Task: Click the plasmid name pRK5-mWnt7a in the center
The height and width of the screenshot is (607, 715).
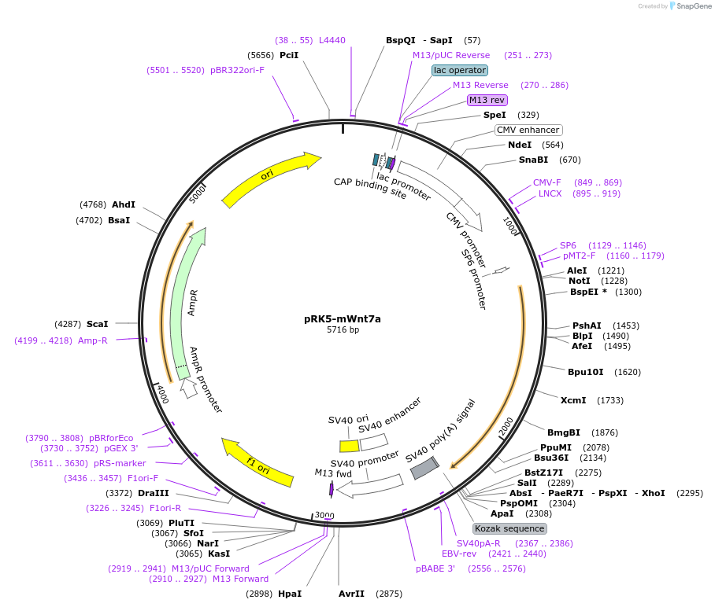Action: (x=343, y=318)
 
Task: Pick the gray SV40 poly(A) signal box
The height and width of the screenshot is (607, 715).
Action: (x=424, y=468)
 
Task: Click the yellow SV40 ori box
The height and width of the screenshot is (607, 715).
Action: (x=350, y=446)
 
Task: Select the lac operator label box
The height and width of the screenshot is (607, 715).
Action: (x=460, y=70)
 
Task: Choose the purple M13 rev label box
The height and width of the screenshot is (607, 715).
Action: (x=487, y=100)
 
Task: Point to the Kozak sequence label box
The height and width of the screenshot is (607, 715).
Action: (x=509, y=528)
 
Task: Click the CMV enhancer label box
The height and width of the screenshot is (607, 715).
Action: (x=528, y=130)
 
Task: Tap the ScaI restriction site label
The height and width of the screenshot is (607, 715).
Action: (x=97, y=324)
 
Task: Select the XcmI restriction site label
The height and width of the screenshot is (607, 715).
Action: (x=573, y=399)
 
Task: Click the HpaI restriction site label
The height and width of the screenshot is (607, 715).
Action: (x=290, y=594)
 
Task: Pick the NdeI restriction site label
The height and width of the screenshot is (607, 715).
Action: (x=520, y=145)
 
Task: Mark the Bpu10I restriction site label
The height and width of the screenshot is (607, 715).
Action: (x=585, y=372)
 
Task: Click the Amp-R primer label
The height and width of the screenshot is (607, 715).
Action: (x=93, y=340)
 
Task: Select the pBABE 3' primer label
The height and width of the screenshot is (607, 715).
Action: (x=435, y=568)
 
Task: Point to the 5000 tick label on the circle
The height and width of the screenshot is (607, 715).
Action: (x=198, y=193)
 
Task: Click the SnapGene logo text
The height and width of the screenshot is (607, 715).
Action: (x=694, y=6)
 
